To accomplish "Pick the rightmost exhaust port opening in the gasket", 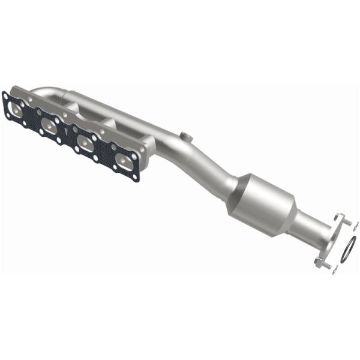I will (x=125, y=160).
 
